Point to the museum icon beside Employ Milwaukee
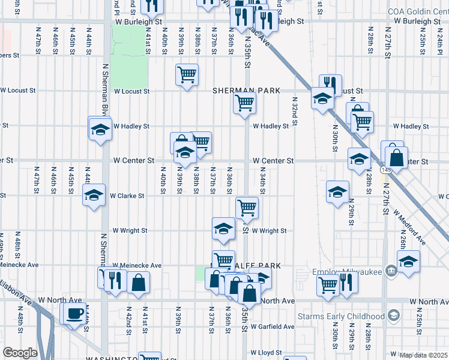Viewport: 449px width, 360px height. pyautogui.click(x=391, y=271)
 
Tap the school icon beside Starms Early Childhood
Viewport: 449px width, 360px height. pyautogui.click(x=394, y=316)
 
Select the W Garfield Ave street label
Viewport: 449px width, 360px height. pyautogui.click(x=273, y=326)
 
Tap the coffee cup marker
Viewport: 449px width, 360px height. pyautogui.click(x=75, y=313)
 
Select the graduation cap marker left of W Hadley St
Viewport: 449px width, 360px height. pyautogui.click(x=100, y=128)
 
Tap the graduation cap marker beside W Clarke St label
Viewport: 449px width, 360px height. pyautogui.click(x=94, y=195)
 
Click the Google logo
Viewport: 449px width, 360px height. pyautogui.click(x=19, y=353)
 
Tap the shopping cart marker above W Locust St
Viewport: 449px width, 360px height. pyautogui.click(x=187, y=74)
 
